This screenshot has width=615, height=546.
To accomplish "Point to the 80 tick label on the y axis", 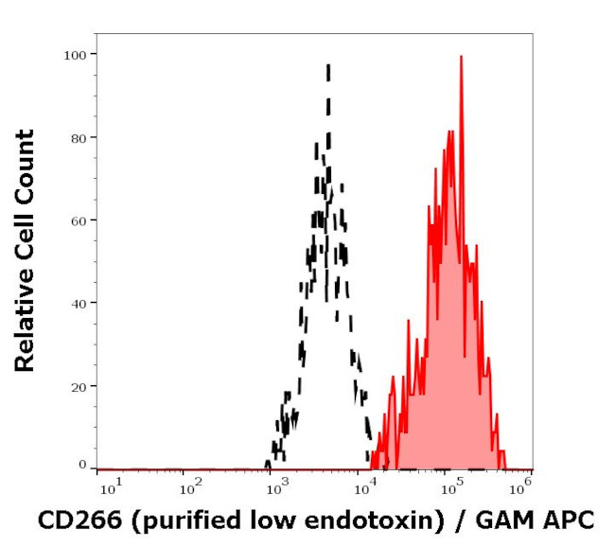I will click(78, 137).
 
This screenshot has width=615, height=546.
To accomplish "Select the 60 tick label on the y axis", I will click(78, 220).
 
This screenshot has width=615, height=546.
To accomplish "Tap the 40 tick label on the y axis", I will click(78, 303).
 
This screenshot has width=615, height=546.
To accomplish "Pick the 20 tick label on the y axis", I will click(78, 385).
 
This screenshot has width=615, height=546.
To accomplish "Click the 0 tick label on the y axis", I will click(82, 465).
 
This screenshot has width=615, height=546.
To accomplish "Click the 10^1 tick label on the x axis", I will click(109, 488).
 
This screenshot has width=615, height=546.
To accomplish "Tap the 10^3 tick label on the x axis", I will click(276, 488).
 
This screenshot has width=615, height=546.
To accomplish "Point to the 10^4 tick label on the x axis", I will click(363, 488).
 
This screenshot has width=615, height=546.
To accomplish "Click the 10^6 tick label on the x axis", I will click(521, 488).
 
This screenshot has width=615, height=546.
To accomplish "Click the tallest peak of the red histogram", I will click(461, 57).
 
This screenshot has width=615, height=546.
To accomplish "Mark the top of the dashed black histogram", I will click(328, 65).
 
